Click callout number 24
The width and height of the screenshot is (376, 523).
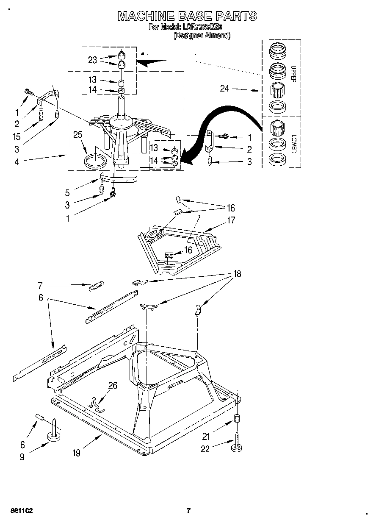[x=225, y=89]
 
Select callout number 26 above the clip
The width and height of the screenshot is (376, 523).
[x=113, y=385]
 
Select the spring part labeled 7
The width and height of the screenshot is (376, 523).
[x=96, y=286]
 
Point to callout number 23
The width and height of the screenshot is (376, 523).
[x=92, y=60]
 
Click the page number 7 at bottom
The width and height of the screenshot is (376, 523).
[x=189, y=511]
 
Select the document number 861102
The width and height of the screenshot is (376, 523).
[x=20, y=511]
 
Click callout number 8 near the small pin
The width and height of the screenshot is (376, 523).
[x=22, y=445]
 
